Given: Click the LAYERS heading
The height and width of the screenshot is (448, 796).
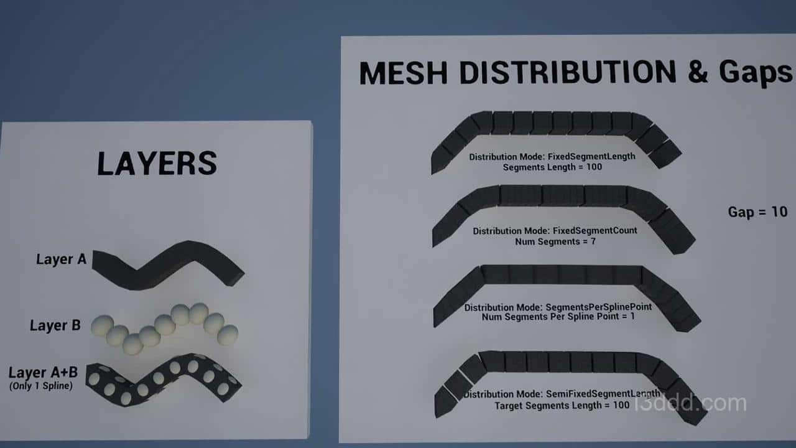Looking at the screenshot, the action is [157, 163].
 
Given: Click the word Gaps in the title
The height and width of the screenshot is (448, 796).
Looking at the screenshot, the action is [756, 73].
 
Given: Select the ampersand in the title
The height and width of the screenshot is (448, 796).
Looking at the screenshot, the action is [698, 72].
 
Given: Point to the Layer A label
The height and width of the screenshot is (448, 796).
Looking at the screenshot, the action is [61, 259].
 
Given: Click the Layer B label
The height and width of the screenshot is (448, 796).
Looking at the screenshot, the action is [55, 325].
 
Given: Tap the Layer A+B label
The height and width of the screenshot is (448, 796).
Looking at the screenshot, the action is [43, 372].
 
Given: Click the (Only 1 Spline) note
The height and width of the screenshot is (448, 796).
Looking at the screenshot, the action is [41, 386].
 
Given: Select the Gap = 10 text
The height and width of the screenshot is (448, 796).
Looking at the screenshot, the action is [757, 212].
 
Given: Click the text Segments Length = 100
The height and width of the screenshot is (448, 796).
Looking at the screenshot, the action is [552, 167].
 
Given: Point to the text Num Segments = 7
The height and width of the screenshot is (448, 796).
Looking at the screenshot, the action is [555, 242].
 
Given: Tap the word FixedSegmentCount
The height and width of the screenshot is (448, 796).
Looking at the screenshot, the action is [595, 230].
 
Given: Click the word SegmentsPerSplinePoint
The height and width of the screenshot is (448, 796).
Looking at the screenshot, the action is [599, 307].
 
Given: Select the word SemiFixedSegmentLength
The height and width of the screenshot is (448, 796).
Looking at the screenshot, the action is [603, 394].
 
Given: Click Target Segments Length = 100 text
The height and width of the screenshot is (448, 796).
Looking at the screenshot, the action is [562, 406].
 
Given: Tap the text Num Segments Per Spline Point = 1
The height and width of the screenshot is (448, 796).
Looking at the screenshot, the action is [558, 317].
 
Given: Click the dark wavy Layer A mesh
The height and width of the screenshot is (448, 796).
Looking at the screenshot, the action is [168, 265].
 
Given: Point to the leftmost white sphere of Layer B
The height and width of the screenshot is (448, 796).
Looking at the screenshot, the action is [103, 325].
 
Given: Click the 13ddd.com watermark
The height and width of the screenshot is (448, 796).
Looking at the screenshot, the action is [690, 403].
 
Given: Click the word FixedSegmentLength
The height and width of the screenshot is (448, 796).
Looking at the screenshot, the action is [591, 156].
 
